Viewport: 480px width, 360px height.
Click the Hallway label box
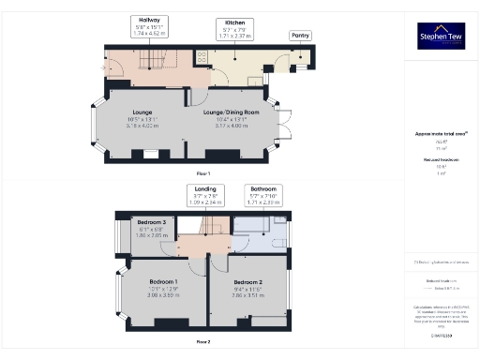tap(148, 25)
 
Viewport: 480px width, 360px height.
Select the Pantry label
tap(300, 36)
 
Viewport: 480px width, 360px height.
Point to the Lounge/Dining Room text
tap(231, 112)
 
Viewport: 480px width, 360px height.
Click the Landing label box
tap(203, 194)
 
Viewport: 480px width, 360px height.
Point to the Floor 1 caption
tap(202, 174)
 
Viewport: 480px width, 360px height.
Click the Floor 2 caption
tap(202, 341)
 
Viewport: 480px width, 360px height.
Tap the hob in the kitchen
tap(201, 57)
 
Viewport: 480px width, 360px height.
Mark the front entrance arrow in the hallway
tap(103, 67)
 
